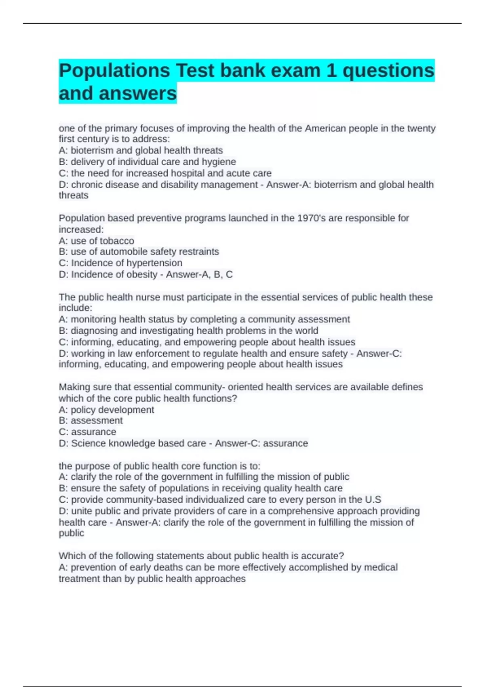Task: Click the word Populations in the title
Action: [x=114, y=71]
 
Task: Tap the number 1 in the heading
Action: [x=331, y=71]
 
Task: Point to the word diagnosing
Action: [x=94, y=331]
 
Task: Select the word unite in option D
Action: [x=81, y=511]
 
